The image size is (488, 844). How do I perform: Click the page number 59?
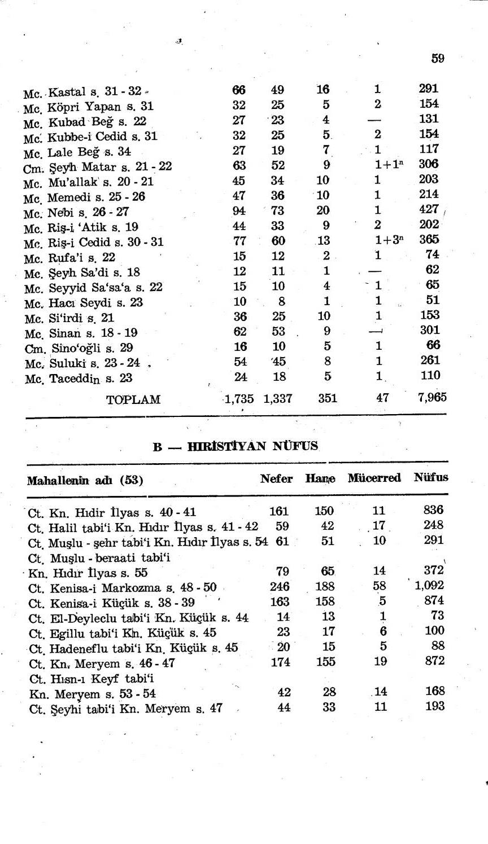coord(437,58)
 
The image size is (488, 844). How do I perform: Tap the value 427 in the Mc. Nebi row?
coord(429,209)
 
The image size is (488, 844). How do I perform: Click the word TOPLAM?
coord(133,400)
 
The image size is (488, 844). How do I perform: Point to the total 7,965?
coord(432,397)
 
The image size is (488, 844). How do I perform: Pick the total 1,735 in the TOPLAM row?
coord(238,399)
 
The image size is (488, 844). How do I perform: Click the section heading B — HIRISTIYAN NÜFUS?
coord(236,447)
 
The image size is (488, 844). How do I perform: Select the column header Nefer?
coord(276,479)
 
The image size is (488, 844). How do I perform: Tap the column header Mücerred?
coord(374,478)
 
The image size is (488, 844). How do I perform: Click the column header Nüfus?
coord(430,477)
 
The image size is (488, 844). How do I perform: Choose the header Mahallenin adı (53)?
coord(85,481)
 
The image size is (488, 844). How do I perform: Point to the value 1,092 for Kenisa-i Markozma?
coord(429,586)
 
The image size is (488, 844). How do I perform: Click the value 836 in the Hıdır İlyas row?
coord(433,510)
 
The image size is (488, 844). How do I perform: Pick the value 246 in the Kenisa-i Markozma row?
coord(280,587)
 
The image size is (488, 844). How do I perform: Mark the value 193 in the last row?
coord(434,706)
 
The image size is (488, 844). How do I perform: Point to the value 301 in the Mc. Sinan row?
coord(430,330)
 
